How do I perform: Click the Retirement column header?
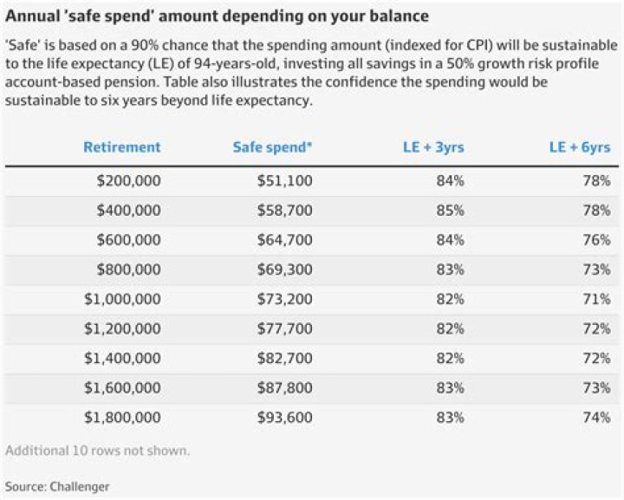tap(122, 146)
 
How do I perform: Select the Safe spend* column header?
tap(272, 146)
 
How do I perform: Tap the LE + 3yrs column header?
tap(434, 146)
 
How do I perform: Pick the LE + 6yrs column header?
tap(580, 146)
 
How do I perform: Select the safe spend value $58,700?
tap(285, 211)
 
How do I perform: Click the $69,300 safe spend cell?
tap(285, 269)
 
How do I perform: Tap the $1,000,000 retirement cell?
tap(122, 299)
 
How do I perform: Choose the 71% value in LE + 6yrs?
tap(596, 299)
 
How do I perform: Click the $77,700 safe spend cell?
tap(285, 328)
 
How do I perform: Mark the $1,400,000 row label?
tap(122, 358)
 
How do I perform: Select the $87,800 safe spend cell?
tap(285, 387)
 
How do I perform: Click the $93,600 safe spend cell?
tap(285, 417)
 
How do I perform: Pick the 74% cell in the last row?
tap(596, 417)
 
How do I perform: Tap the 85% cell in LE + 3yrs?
tap(450, 211)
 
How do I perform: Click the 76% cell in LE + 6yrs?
tap(596, 240)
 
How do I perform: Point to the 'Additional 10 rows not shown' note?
tap(97, 451)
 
